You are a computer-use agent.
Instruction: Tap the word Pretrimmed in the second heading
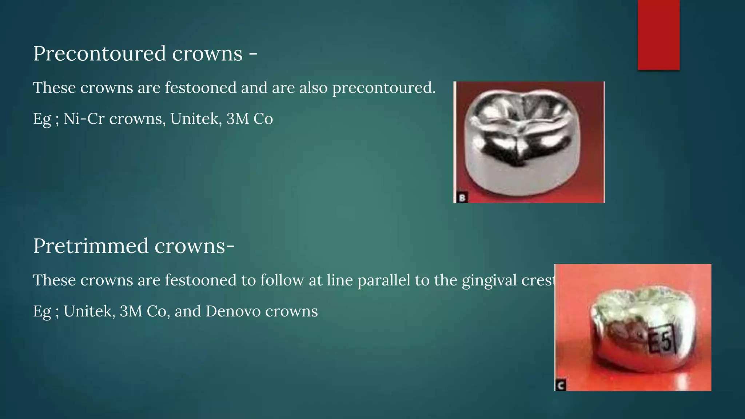click(x=91, y=246)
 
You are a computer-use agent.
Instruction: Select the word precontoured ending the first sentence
click(x=383, y=88)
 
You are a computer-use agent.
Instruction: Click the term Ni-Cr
click(x=84, y=119)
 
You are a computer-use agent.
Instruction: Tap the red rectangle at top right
click(x=658, y=35)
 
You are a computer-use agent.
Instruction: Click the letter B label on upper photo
click(x=462, y=198)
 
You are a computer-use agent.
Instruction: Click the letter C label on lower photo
click(x=561, y=386)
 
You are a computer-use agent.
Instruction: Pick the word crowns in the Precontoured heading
click(x=207, y=54)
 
